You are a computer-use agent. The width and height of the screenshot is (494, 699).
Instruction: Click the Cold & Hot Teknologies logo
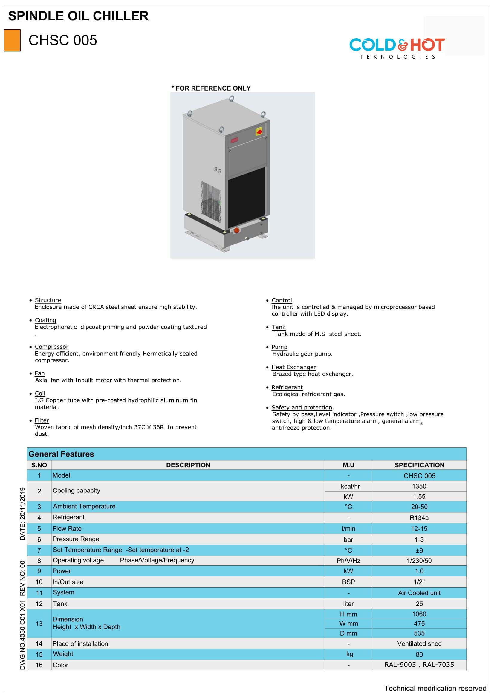[x=397, y=48]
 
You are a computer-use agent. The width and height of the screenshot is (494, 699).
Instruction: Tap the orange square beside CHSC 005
[x=12, y=40]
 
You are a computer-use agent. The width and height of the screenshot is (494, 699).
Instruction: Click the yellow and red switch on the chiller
[x=259, y=132]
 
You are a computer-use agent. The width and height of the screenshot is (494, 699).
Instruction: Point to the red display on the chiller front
[x=234, y=140]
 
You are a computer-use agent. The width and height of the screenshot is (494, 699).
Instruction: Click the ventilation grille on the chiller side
[x=211, y=197]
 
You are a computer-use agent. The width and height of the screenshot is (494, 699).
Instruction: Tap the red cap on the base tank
[x=236, y=230]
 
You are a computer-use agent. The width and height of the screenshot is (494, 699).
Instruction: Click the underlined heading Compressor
[x=51, y=347]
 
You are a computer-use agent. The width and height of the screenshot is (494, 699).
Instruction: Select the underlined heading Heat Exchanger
[x=293, y=367]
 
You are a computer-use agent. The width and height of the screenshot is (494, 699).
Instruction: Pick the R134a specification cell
[x=419, y=518]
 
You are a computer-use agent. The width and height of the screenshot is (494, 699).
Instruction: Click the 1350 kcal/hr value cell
[x=419, y=486]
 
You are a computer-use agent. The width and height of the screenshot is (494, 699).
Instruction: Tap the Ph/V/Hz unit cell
[x=348, y=560]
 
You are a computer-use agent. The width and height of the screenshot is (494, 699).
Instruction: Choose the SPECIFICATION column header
[x=419, y=465]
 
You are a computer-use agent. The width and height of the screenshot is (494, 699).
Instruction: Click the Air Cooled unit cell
[x=419, y=593]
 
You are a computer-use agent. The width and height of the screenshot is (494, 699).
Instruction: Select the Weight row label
[x=63, y=654]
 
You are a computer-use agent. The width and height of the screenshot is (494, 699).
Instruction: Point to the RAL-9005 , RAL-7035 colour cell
[x=419, y=665]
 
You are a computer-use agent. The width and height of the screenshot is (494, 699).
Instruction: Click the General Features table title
[x=61, y=454]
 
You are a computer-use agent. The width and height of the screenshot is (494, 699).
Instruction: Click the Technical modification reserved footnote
[x=435, y=688]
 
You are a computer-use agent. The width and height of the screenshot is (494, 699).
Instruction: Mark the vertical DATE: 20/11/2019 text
[x=22, y=514]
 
